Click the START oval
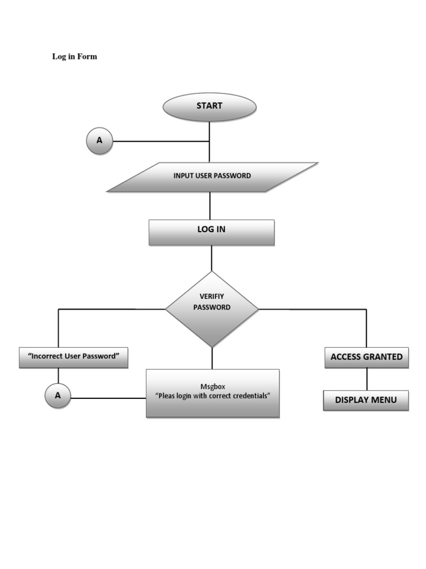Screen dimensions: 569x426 pyautogui.click(x=209, y=107)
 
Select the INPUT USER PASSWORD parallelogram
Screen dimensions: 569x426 pyautogui.click(x=212, y=177)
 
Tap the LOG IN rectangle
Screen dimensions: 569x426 pyautogui.click(x=211, y=232)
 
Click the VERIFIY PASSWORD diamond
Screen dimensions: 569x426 pyautogui.click(x=212, y=309)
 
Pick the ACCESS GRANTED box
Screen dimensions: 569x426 pyautogui.click(x=366, y=357)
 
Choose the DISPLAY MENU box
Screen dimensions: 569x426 pyautogui.click(x=366, y=400)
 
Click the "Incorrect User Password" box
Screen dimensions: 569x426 pyautogui.click(x=74, y=357)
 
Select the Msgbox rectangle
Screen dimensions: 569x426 pyautogui.click(x=212, y=393)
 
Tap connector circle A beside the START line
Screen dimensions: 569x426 pyautogui.click(x=99, y=141)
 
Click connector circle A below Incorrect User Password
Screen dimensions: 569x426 pyautogui.click(x=58, y=396)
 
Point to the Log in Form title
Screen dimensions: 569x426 pyautogui.click(x=74, y=56)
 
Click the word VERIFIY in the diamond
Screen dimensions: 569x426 pyautogui.click(x=211, y=296)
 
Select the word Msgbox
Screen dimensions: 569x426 pyautogui.click(x=212, y=386)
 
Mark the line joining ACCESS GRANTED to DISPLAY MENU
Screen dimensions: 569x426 pyautogui.click(x=366, y=379)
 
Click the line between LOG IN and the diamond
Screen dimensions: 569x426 pyautogui.click(x=211, y=258)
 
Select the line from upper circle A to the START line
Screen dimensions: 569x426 pyautogui.click(x=161, y=141)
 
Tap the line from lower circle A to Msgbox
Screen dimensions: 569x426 pyautogui.click(x=108, y=398)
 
